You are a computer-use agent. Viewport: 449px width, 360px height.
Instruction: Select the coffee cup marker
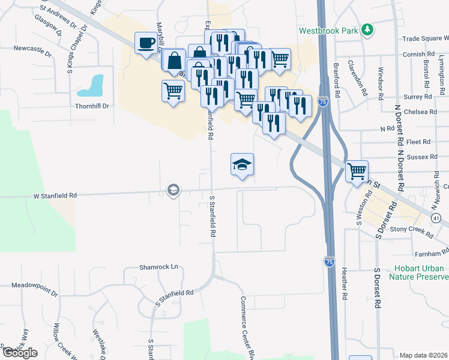click(146, 43)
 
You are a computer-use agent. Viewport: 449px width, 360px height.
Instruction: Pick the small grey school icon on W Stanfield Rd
click(173, 190)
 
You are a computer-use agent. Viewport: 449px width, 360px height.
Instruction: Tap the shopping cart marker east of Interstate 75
click(357, 171)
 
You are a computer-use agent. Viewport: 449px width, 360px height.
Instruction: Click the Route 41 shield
click(436, 217)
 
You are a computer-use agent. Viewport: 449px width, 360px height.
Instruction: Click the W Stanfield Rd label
click(55, 196)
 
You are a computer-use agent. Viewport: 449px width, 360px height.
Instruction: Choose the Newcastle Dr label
click(32, 48)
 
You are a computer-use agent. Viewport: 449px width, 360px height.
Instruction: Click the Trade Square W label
click(426, 38)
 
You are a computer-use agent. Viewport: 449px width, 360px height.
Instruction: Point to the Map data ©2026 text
click(423, 355)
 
